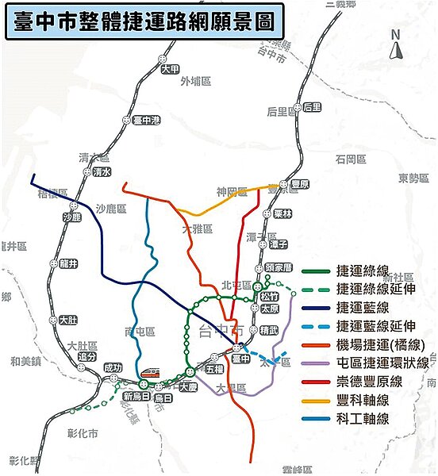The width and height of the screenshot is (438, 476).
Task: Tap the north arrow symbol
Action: tap(398, 44)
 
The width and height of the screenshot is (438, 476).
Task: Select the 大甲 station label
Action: tap(170, 69)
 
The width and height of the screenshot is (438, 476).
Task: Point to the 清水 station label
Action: tap(102, 171)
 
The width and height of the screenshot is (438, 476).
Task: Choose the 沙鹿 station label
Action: tap(72, 217)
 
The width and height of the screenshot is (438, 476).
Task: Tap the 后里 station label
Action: tap(312, 106)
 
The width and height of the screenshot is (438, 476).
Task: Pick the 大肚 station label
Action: tap(69, 320)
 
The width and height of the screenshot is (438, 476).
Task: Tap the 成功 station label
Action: tap(113, 367)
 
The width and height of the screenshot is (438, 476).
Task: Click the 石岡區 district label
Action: tap(350, 159)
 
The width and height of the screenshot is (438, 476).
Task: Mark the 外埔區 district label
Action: tap(195, 81)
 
